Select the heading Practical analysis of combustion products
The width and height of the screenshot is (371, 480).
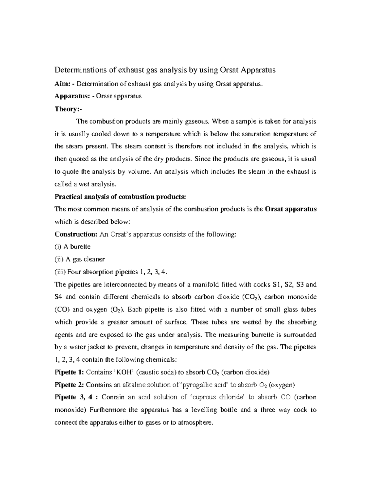[120, 197]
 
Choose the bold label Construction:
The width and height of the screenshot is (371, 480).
[76, 234]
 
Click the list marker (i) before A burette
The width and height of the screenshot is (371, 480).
[58, 247]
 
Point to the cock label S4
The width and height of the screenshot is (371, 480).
[58, 297]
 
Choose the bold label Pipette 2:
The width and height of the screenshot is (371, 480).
[69, 385]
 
